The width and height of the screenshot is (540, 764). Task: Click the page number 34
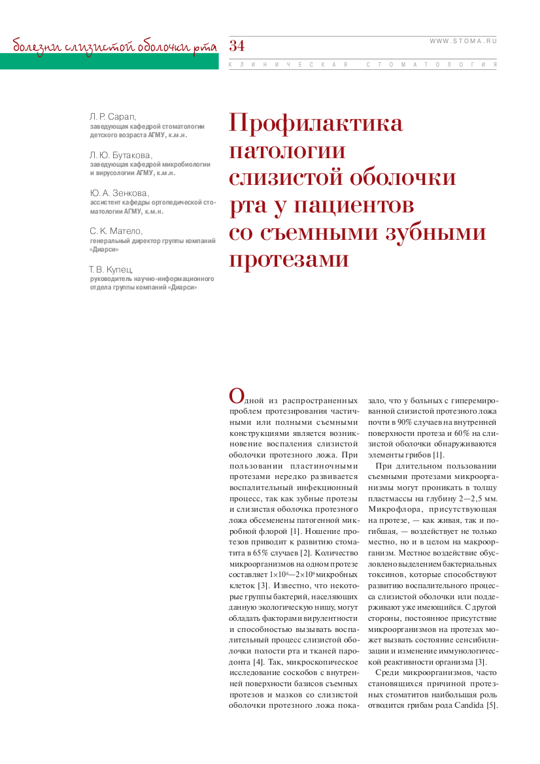[237, 46]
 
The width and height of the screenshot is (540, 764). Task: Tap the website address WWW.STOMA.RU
[463, 41]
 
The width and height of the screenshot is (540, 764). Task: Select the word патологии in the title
[287, 150]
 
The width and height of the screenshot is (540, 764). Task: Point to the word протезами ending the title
[289, 259]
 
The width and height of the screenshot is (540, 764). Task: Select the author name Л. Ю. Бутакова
[121, 155]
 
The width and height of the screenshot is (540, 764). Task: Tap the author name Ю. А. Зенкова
[119, 193]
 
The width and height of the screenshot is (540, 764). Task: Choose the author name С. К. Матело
[116, 231]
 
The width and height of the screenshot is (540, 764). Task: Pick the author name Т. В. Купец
[111, 269]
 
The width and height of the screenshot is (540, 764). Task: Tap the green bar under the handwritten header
[109, 61]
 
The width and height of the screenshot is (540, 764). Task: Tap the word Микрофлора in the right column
[390, 508]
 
